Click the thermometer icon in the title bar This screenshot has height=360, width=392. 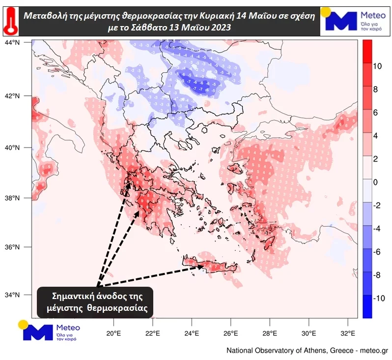(x=9, y=21)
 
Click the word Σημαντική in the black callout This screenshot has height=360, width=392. (x=73, y=297)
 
